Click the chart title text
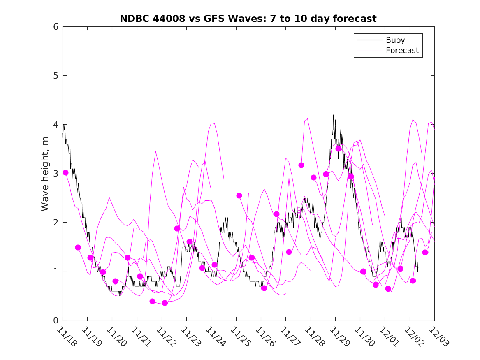click(x=248, y=19)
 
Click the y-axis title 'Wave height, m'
click(x=45, y=174)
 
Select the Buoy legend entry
click(x=395, y=40)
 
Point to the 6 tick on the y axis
click(x=55, y=27)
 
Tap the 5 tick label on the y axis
click(x=55, y=76)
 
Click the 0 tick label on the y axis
click(x=55, y=321)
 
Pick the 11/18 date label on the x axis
click(x=66, y=337)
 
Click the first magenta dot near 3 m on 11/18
click(x=65, y=172)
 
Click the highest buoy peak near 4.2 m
click(x=334, y=115)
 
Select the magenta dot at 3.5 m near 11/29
click(x=339, y=149)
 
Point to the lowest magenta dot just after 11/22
click(x=165, y=303)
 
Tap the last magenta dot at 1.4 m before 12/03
click(x=425, y=252)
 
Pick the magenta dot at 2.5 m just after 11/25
click(x=239, y=195)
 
